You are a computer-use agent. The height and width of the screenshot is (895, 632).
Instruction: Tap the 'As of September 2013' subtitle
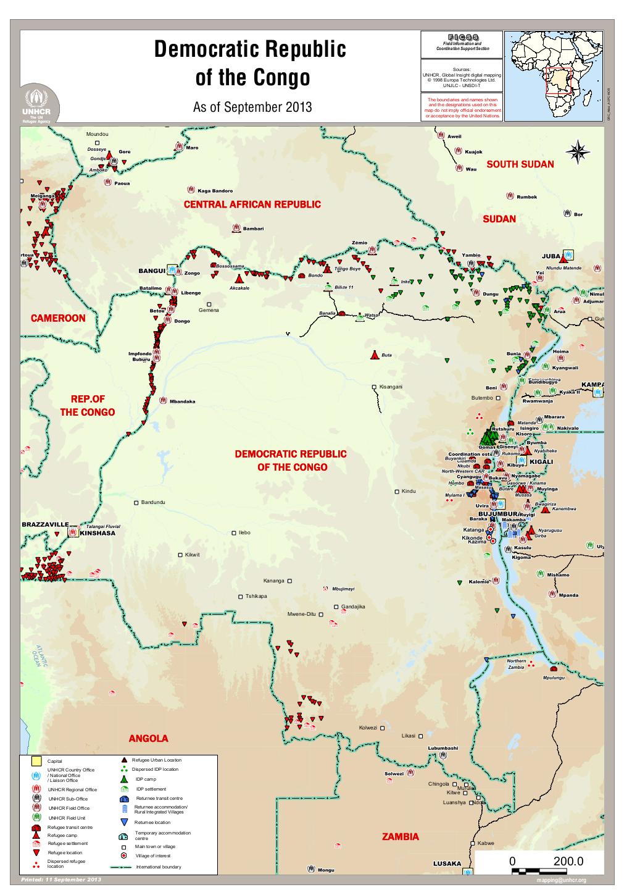[252, 107]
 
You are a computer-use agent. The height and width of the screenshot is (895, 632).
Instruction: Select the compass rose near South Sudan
[578, 153]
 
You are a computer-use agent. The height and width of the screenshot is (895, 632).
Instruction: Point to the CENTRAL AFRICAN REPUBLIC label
[252, 204]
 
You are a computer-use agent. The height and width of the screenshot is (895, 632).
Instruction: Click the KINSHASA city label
[98, 533]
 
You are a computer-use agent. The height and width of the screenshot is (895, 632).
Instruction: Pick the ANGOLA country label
[148, 739]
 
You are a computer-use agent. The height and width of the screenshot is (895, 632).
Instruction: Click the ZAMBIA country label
[400, 837]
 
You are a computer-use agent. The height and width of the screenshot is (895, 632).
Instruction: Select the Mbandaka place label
[182, 401]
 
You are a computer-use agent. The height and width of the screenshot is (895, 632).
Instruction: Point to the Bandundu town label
[153, 502]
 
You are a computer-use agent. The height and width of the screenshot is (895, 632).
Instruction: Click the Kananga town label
[273, 581]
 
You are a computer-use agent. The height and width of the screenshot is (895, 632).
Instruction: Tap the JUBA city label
[551, 256]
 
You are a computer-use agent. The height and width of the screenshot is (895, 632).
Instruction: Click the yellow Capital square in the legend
[36, 760]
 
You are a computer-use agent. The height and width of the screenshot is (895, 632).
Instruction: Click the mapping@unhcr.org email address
[561, 880]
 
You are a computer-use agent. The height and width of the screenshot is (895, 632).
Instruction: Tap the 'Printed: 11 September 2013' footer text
[60, 879]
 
